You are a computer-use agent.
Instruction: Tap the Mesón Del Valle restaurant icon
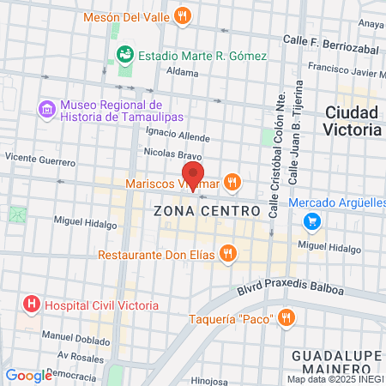tap(181, 15)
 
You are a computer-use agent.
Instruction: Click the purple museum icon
tap(46, 109)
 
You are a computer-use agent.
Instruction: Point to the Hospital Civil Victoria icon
tap(32, 304)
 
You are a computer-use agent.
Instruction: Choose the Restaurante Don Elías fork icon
tap(227, 254)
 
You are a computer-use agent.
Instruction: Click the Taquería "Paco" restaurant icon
tap(286, 319)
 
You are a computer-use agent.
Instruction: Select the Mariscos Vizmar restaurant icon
tap(232, 183)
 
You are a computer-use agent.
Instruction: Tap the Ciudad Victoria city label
tap(353, 121)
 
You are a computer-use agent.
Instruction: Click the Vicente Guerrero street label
tap(39, 159)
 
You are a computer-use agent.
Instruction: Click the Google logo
tap(28, 375)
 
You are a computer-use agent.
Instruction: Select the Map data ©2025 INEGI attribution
tap(335, 379)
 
